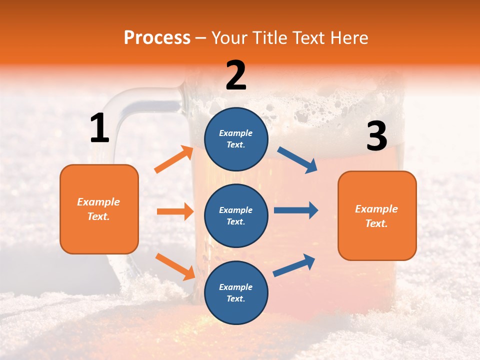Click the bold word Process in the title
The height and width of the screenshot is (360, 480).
pos(157,37)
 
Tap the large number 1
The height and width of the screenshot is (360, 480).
pos(99,128)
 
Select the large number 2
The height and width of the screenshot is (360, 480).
pos(236,75)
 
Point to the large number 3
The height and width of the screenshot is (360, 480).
pos(376,136)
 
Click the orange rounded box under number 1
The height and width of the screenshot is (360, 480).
pos(99,209)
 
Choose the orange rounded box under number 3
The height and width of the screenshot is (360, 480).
pos(377,215)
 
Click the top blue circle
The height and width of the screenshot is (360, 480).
pos(236,139)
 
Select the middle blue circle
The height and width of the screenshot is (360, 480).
pos(236,215)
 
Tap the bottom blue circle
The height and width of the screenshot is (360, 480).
pos(236,292)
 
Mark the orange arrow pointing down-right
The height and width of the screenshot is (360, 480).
pos(175,266)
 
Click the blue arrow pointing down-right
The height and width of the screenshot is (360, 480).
pos(297,159)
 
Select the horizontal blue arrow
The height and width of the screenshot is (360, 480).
pos(295,210)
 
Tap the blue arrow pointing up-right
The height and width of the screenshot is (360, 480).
pos(294,265)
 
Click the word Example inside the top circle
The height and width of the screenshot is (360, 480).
pos(235,133)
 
